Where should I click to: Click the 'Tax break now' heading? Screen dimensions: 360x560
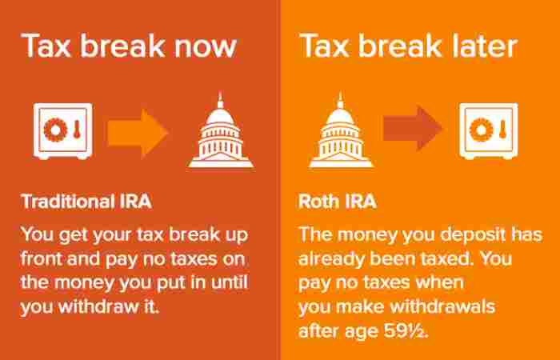pyautogui.click(x=129, y=46)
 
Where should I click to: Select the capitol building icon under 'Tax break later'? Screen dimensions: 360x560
pyautogui.click(x=337, y=131)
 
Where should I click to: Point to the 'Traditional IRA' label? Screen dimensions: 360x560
pyautogui.click(x=85, y=199)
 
